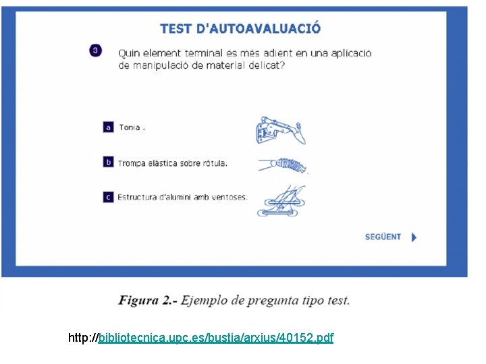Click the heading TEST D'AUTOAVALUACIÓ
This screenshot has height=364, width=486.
(240, 29)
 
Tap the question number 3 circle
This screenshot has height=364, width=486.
(96, 51)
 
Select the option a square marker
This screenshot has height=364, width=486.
(108, 127)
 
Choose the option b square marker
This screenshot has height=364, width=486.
(108, 162)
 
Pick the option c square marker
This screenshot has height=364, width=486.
(108, 197)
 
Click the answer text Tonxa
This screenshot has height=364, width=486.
(130, 127)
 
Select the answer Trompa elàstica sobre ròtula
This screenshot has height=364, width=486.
(173, 162)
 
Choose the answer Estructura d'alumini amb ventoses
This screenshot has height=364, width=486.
(182, 198)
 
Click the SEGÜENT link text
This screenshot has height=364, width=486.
(383, 237)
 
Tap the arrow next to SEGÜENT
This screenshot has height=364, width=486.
(414, 237)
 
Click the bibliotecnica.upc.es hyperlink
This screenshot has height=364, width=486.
(215, 337)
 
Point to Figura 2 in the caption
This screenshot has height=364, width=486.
(146, 301)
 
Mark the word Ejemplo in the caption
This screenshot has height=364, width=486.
(207, 301)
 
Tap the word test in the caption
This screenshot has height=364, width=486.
(335, 301)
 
